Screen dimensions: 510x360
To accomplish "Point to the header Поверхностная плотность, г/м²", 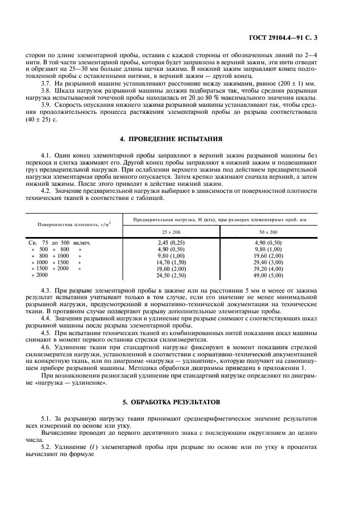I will (x=74, y=224).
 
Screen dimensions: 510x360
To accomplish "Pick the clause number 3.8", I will (x=47, y=90).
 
